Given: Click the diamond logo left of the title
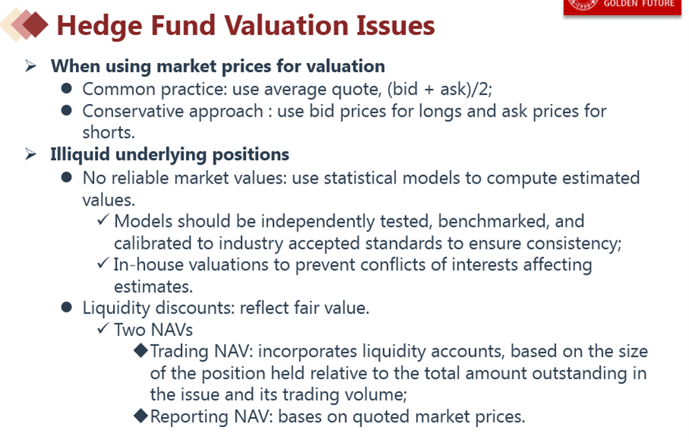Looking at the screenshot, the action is [24, 24].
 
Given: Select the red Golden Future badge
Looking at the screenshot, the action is [622, 8].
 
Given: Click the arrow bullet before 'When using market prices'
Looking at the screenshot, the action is [31, 66].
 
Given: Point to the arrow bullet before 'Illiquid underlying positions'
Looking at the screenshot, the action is [31, 154].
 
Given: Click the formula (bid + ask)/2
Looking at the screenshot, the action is [439, 90].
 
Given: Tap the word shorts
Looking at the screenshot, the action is [109, 132].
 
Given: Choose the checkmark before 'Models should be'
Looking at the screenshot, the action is [103, 219].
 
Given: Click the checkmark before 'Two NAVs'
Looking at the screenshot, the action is [103, 328].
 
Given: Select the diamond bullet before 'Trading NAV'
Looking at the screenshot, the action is [140, 350].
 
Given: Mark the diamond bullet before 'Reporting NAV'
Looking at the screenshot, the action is [140, 416].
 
